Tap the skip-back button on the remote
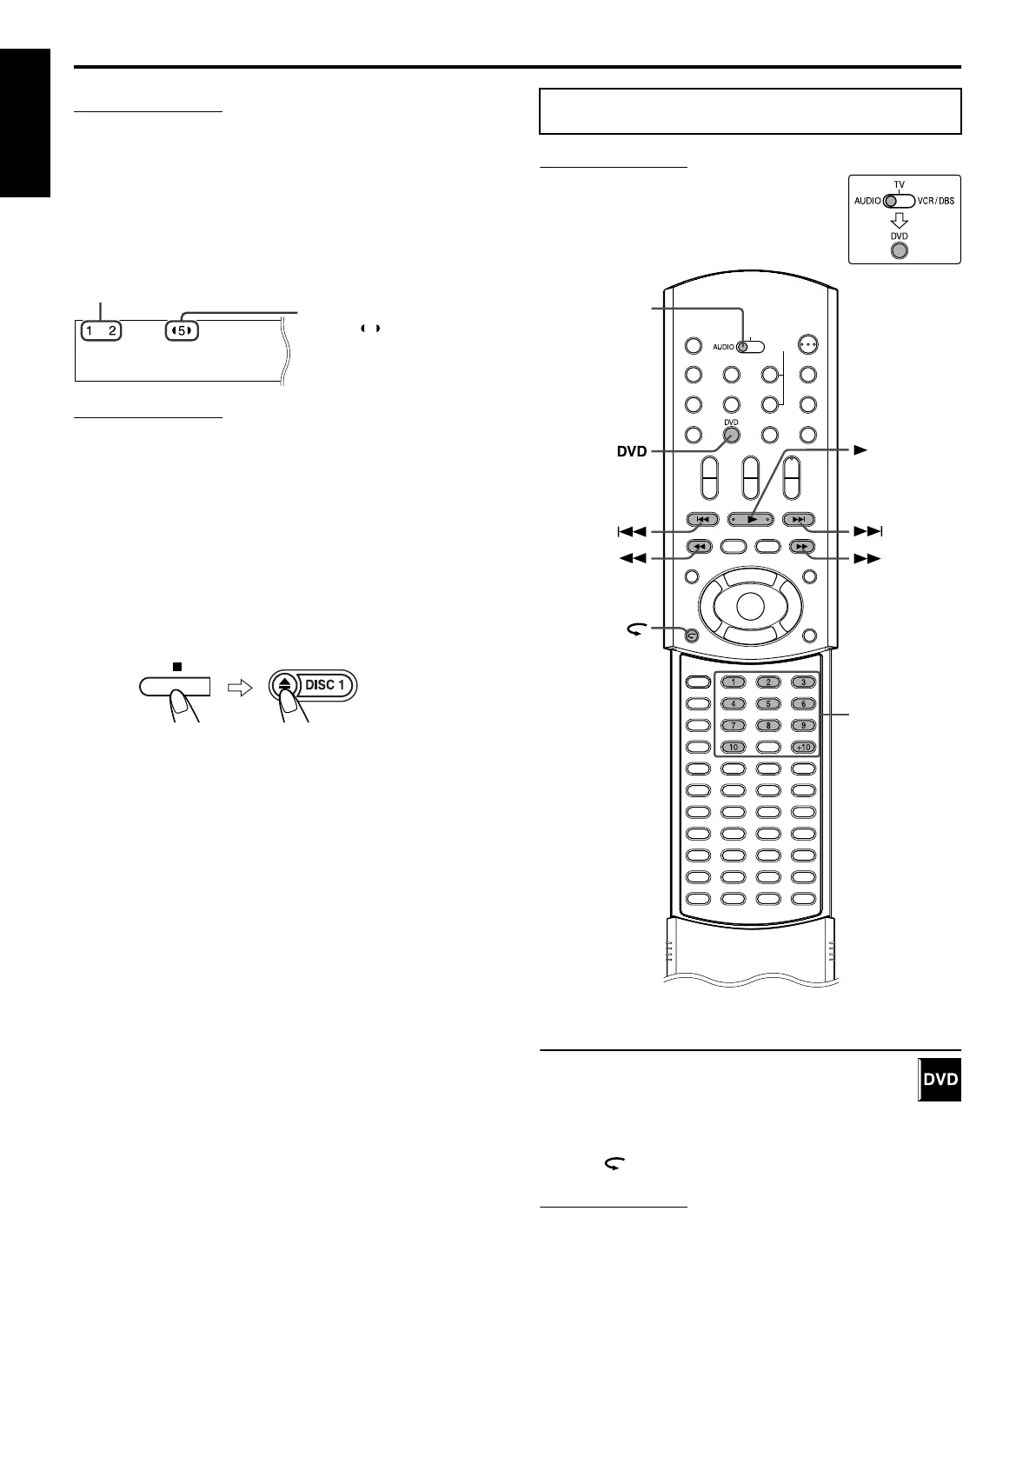click(x=702, y=520)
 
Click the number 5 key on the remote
click(x=768, y=703)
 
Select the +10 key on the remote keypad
click(x=803, y=747)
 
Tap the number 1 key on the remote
click(x=733, y=682)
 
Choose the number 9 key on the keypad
click(x=803, y=725)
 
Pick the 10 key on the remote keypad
click(x=733, y=747)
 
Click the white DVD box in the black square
click(x=940, y=1080)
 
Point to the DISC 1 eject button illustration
click(x=313, y=685)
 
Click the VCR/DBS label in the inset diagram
click(x=935, y=201)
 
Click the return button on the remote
click(x=691, y=635)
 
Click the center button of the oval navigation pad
click(x=751, y=604)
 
